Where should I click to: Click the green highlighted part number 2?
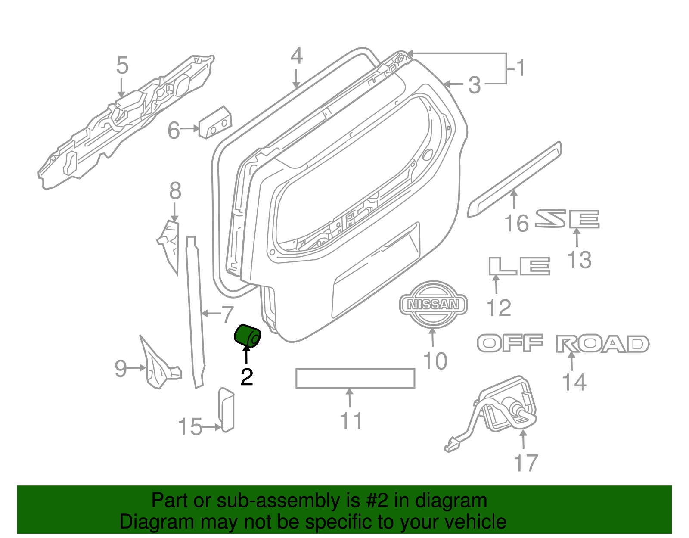[247, 336]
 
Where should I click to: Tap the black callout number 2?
[247, 377]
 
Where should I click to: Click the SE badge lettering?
[567, 219]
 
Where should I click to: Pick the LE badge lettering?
[519, 266]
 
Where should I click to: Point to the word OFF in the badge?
[510, 343]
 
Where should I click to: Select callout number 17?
[526, 463]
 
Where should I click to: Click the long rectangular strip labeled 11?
[355, 378]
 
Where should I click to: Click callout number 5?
[122, 65]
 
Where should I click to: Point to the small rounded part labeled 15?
[226, 410]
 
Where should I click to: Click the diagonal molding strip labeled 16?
[514, 180]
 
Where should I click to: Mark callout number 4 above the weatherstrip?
[297, 56]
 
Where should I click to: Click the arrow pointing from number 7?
[211, 314]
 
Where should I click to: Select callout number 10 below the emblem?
[435, 361]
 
